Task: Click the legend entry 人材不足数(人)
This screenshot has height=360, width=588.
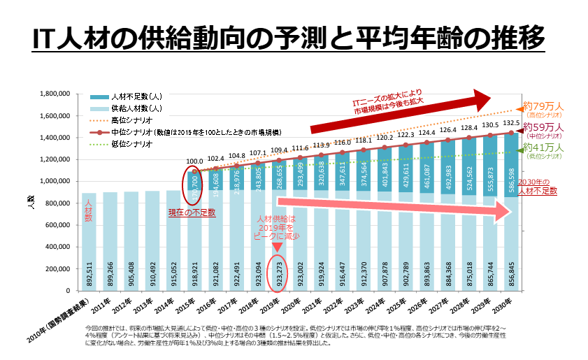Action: pos(136,96)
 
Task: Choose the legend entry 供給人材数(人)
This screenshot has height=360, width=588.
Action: pos(136,108)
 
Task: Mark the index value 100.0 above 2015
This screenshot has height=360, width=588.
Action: pos(194,161)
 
